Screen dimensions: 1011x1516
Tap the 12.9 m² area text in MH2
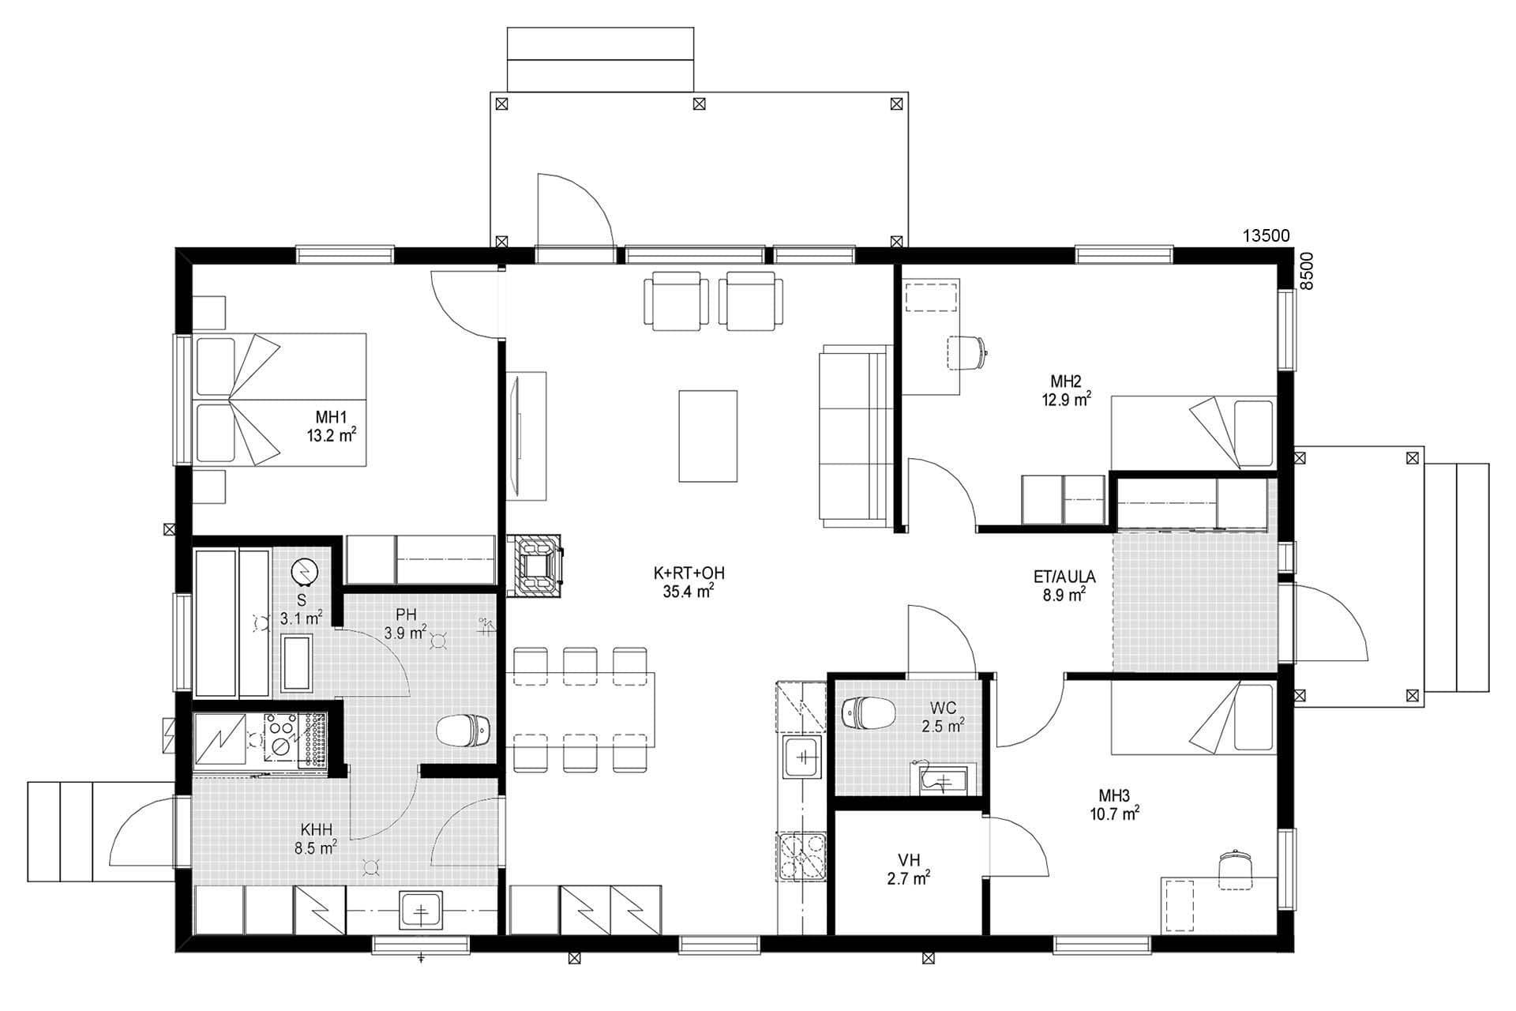pyautogui.click(x=1066, y=400)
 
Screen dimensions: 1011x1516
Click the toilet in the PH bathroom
pyautogui.click(x=464, y=730)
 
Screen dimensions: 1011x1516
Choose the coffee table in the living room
pyautogui.click(x=708, y=436)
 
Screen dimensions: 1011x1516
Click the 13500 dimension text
pyautogui.click(x=1266, y=235)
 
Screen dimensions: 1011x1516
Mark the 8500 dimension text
pyautogui.click(x=1306, y=271)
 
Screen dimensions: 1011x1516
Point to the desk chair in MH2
pyautogui.click(x=967, y=351)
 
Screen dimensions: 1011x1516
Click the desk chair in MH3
pyautogui.click(x=1236, y=870)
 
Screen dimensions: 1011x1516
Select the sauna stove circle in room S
pyautogui.click(x=302, y=571)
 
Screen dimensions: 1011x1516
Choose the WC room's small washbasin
pyautogui.click(x=944, y=781)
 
